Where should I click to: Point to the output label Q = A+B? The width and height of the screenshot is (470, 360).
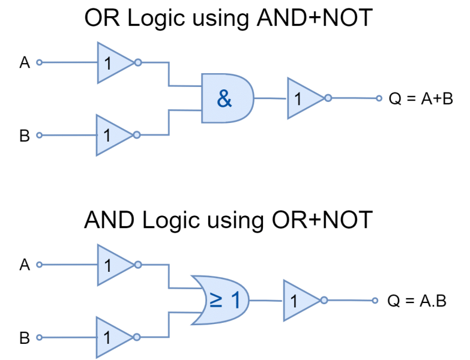[421, 98]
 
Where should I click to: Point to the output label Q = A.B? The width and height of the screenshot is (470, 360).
[417, 301]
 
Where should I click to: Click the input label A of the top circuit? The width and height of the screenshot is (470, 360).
[25, 62]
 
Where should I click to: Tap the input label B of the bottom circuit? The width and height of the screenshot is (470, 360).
[25, 338]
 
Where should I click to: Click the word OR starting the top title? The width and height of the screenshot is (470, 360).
[102, 17]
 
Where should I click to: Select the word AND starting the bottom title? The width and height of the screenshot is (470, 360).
[109, 220]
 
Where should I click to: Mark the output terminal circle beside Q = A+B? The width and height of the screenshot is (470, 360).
[379, 98]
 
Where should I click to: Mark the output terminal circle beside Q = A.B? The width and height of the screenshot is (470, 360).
[375, 301]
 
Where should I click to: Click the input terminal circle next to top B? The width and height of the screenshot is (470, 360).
[39, 136]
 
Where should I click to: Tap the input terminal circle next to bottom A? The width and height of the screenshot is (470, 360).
[39, 265]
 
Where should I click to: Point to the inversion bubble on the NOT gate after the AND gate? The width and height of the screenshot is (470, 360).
[328, 98]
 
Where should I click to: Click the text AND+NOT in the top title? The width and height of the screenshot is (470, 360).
[315, 17]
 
